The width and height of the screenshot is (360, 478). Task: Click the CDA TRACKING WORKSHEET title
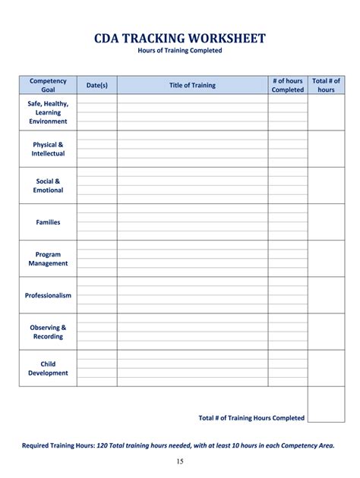[x=180, y=38]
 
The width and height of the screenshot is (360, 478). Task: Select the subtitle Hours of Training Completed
[x=180, y=51]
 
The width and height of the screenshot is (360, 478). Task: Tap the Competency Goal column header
[x=48, y=85]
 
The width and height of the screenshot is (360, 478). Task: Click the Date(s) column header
[x=97, y=85]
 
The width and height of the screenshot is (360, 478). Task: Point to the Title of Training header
[x=192, y=85]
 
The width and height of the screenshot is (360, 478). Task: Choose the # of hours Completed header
[x=288, y=85]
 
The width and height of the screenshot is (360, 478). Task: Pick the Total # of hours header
[x=326, y=85]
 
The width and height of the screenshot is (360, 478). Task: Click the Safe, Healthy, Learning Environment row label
[x=48, y=112]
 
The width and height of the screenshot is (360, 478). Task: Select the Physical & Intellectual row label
[x=48, y=149]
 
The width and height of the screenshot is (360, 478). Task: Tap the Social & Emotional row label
[x=48, y=185]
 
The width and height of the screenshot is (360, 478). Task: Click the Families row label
[x=48, y=222]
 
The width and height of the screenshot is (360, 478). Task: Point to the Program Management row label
[x=48, y=259]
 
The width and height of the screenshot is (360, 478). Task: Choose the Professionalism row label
[x=48, y=295]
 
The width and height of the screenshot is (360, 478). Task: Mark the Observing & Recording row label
[x=48, y=332]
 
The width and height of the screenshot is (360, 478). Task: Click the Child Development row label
[x=48, y=368]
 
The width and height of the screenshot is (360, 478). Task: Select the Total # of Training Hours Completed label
[x=251, y=417]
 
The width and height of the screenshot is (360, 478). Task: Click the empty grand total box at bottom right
[x=326, y=404]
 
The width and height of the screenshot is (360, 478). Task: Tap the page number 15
[x=180, y=461]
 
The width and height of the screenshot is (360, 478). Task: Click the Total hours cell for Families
[x=326, y=222]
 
